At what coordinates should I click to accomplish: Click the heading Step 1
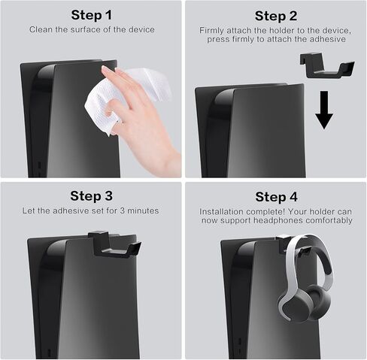[92, 15]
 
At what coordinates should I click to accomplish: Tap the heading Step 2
[276, 17]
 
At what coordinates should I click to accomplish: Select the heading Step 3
[92, 196]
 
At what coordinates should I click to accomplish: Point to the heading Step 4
[276, 197]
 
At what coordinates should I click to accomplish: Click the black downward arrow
[324, 110]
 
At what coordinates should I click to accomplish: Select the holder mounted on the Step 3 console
[114, 245]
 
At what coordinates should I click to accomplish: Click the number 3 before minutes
[122, 210]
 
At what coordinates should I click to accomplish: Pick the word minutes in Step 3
[143, 210]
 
